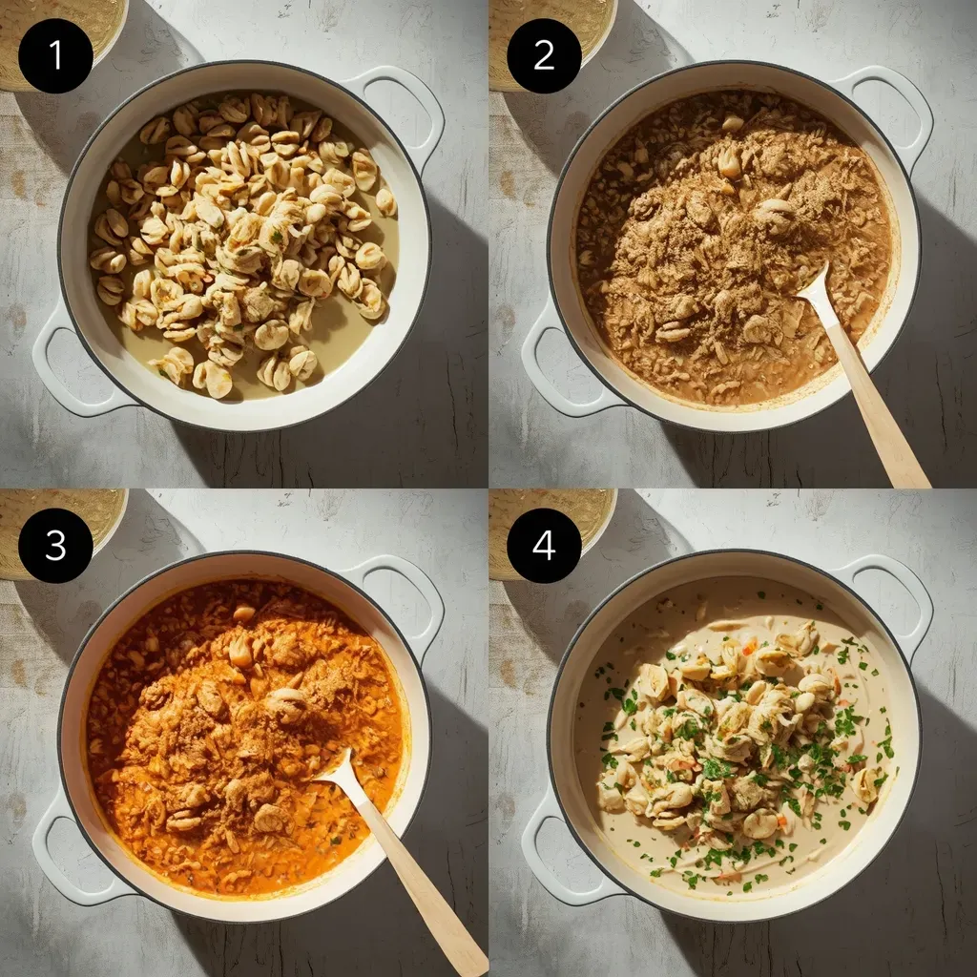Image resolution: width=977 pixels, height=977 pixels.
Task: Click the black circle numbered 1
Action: [55, 56]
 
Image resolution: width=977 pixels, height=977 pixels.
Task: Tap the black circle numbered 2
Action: [544, 56]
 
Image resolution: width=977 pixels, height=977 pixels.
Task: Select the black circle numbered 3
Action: [55, 545]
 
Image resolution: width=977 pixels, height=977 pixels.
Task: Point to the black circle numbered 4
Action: [544, 545]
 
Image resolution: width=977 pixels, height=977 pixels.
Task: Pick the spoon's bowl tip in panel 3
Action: [346, 750]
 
